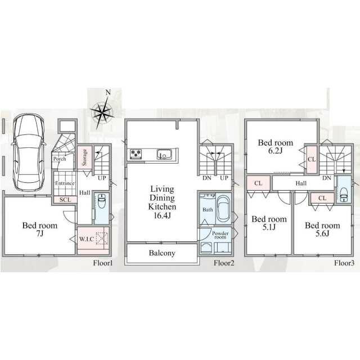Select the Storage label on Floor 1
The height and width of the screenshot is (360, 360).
(84, 157)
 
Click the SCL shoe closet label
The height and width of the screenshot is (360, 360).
(65, 200)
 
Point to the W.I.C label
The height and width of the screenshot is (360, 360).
(87, 239)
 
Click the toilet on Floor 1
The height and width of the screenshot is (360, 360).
(101, 201)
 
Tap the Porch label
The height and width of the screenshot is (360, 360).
(60, 159)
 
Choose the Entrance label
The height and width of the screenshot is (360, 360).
(65, 183)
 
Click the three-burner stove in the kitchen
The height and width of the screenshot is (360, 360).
(136, 154)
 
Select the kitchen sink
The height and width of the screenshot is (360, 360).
(164, 154)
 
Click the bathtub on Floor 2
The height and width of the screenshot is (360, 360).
(224, 209)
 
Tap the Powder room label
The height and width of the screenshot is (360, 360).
(220, 235)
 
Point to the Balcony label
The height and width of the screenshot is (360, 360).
(162, 253)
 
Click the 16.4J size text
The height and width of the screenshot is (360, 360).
(162, 215)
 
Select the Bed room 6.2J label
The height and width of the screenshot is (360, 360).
(276, 146)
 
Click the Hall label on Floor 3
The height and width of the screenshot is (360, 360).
(301, 183)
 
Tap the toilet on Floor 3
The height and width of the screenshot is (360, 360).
(344, 194)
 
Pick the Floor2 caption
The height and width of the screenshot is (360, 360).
(224, 263)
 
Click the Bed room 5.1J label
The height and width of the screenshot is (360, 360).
(269, 223)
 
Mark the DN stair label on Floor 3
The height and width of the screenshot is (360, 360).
(327, 178)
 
